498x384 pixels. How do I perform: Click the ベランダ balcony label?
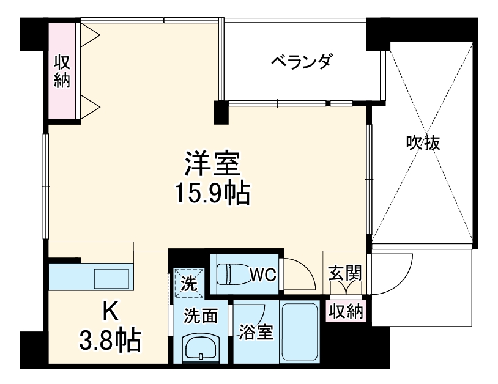click(x=302, y=61)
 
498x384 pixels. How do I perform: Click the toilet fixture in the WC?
click(x=236, y=273)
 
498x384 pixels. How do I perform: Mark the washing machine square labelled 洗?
click(x=188, y=284)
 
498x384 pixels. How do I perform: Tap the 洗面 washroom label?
click(x=201, y=316)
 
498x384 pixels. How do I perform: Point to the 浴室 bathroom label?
click(x=256, y=334)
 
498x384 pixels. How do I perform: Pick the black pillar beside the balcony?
click(x=220, y=111)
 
